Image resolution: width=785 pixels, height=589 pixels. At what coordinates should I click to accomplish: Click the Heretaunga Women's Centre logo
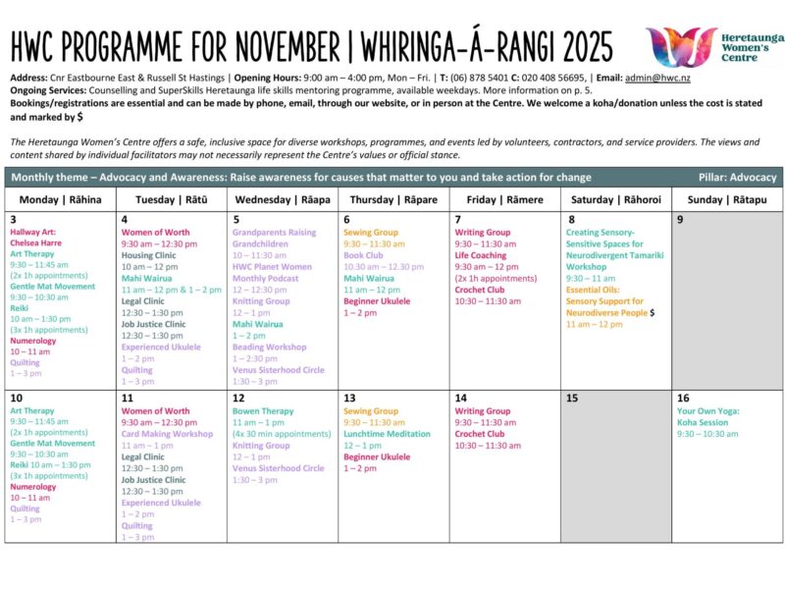pyautogui.click(x=713, y=47)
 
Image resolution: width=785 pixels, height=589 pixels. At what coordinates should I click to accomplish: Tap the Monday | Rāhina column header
pyautogui.click(x=60, y=199)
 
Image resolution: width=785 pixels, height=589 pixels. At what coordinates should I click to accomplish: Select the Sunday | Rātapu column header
pyautogui.click(x=727, y=199)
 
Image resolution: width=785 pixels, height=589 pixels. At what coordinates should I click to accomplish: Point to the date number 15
pyautogui.click(x=572, y=398)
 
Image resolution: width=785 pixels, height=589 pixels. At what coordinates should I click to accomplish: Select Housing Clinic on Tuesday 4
pyautogui.click(x=148, y=255)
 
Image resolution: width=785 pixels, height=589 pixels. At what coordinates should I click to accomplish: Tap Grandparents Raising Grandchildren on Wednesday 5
pyautogui.click(x=275, y=239)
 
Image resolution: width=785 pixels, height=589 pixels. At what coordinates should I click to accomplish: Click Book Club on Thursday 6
pyautogui.click(x=363, y=255)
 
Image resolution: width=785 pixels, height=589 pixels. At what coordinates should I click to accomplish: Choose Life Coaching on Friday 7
pyautogui.click(x=481, y=255)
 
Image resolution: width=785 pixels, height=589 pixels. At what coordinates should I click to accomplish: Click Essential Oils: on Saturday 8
pyautogui.click(x=595, y=290)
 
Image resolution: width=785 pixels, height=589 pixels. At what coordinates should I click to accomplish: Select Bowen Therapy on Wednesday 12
pyautogui.click(x=263, y=411)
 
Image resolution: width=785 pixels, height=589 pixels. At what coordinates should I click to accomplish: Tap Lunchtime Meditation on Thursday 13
pyautogui.click(x=387, y=434)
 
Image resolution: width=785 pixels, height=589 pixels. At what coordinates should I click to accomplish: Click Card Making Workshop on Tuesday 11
pyautogui.click(x=167, y=434)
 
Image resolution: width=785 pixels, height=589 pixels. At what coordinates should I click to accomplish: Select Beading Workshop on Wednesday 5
pyautogui.click(x=270, y=347)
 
